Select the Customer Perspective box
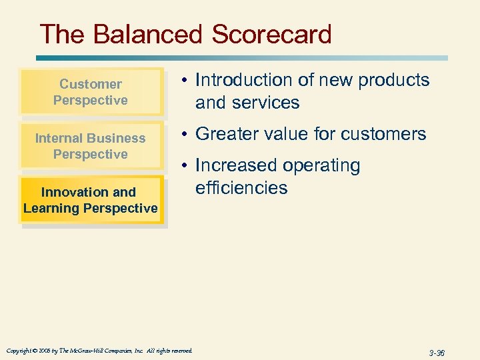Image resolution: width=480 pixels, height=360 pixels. click(x=91, y=92)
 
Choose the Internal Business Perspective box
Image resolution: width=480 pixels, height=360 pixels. click(x=91, y=146)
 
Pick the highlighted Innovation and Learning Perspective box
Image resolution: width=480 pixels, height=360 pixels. click(x=91, y=200)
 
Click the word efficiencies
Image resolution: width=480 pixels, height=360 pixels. click(x=241, y=188)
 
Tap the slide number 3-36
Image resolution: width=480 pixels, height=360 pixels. click(x=437, y=353)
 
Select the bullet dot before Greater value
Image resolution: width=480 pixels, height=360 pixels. click(x=185, y=135)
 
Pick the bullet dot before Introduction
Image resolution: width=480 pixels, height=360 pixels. click(x=185, y=81)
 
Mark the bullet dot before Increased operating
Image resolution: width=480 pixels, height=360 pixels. click(x=185, y=166)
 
